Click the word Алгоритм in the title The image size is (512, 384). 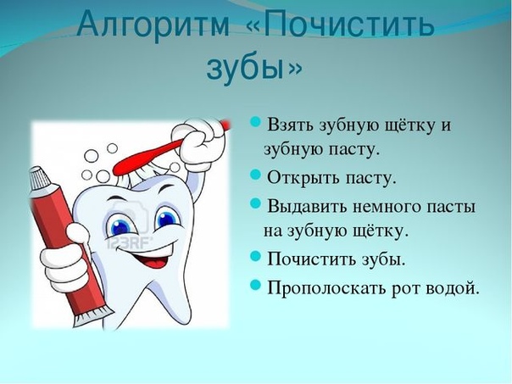tap(153, 25)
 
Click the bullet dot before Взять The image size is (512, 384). tap(255, 123)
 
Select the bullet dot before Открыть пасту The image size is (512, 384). tap(255, 175)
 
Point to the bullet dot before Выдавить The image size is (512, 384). tap(255, 203)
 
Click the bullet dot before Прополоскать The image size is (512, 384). tap(255, 285)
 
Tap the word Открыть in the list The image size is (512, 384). tap(303, 178)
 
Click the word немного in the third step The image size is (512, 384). tap(387, 208)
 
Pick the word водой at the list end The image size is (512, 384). tap(454, 287)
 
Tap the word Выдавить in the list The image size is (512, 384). tap(308, 208)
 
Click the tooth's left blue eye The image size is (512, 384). tap(122, 225)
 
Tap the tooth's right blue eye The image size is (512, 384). tap(166, 218)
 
